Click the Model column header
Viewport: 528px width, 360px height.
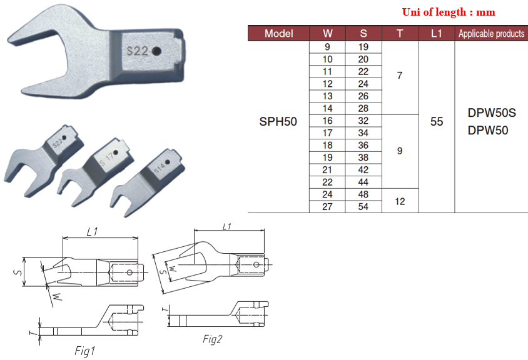278,34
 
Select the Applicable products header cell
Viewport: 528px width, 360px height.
491,34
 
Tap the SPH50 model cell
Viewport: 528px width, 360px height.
278,121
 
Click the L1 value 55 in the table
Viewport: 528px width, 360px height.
437,121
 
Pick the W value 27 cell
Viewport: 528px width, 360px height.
327,207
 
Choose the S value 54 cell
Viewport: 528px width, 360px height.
363,207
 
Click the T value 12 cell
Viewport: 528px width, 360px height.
400,201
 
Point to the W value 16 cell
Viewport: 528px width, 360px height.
327,121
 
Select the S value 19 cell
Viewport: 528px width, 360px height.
363,47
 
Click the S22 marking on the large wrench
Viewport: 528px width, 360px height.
136,52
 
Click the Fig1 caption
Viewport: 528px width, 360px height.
84,351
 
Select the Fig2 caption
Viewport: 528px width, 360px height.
213,339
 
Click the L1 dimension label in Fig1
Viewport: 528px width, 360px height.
93,232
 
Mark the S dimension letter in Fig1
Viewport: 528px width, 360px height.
19,272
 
